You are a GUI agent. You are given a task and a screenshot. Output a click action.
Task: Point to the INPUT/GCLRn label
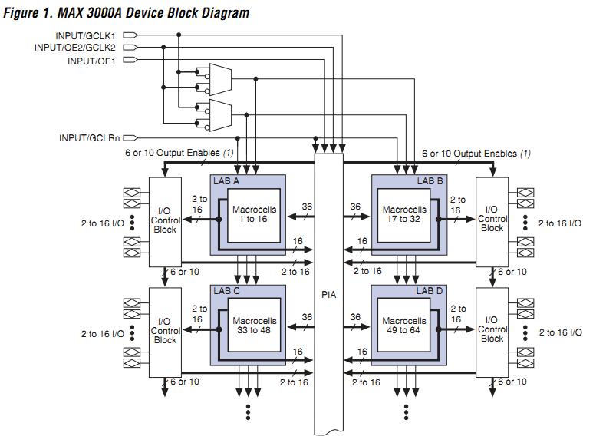(x=89, y=138)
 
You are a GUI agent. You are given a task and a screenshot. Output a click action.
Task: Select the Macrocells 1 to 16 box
(x=253, y=215)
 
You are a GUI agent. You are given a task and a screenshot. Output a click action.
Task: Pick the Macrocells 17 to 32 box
(x=403, y=215)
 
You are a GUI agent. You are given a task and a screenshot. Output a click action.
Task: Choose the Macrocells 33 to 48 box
(x=253, y=326)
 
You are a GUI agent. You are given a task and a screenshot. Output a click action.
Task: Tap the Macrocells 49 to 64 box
(x=403, y=326)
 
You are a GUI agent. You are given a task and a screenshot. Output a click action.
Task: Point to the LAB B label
(x=430, y=181)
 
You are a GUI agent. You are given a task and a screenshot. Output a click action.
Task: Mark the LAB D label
(x=430, y=292)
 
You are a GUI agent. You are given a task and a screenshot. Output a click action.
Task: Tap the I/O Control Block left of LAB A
(x=165, y=220)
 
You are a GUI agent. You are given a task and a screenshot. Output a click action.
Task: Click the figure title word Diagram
(x=222, y=13)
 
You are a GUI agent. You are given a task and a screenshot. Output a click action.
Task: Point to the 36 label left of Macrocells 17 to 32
(x=355, y=207)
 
